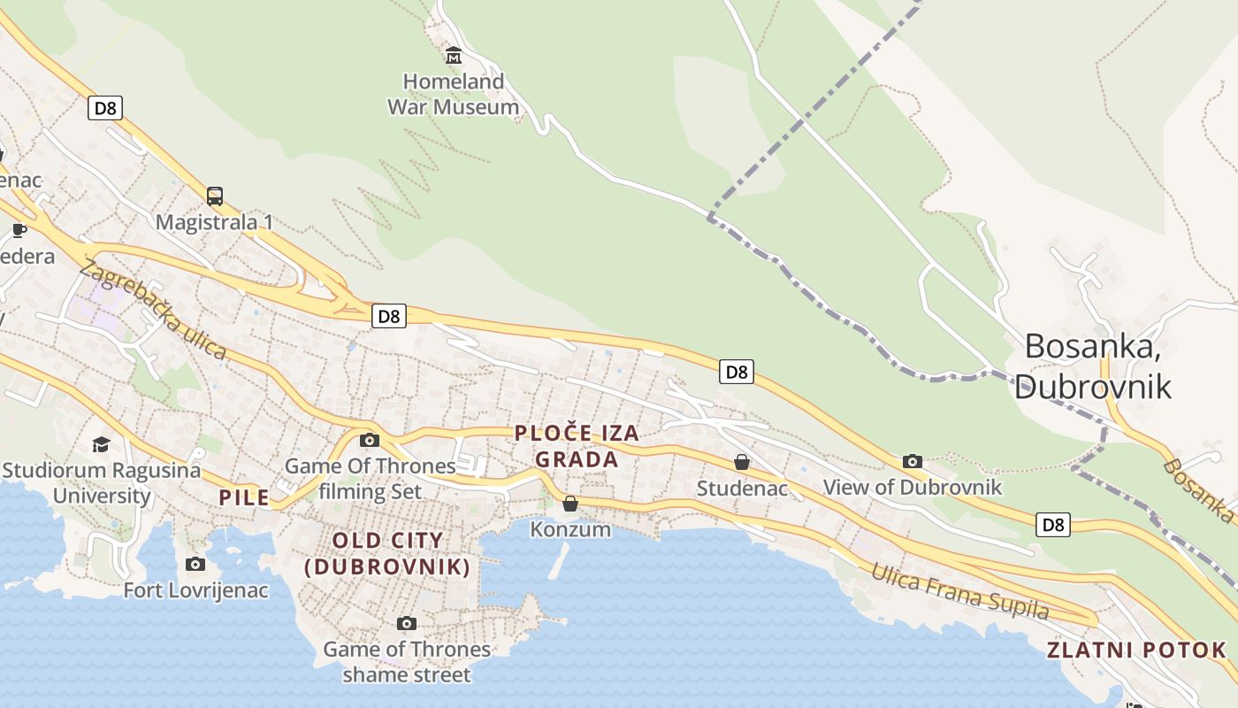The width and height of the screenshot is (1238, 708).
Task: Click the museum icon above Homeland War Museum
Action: coord(454,55)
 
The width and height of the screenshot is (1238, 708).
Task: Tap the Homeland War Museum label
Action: coord(453,95)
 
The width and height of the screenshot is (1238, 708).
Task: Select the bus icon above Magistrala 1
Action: coord(215,196)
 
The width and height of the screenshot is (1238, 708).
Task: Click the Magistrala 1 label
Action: coord(214,222)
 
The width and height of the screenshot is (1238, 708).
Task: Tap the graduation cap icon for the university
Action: coord(102,443)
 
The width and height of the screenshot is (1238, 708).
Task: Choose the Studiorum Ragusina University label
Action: coord(102,482)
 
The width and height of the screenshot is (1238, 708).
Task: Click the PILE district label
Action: coord(244,497)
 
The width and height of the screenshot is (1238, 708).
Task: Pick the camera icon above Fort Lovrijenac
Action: coord(195,564)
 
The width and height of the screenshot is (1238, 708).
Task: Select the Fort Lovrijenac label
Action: coord(195,590)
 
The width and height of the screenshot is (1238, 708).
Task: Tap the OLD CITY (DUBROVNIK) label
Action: coord(387,554)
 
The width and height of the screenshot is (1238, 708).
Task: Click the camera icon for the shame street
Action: coord(406,623)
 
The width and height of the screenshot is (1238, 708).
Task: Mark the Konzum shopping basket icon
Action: coord(570,504)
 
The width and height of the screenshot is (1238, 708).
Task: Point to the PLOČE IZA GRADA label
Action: coord(577,446)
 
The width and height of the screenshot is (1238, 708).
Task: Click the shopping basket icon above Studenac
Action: coord(742,462)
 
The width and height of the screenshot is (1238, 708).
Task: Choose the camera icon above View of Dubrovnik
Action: coord(913,461)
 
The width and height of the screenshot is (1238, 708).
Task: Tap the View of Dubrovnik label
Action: coord(913,488)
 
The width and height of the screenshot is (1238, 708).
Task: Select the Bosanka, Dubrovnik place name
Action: coord(1093,366)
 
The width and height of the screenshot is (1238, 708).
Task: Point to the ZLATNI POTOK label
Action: coord(1137,650)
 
